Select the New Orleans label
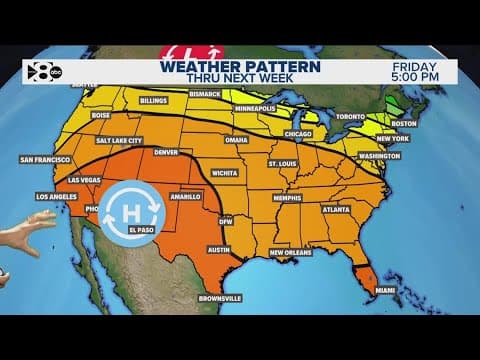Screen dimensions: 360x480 pos(293,252)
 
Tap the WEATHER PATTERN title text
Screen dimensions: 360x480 pos(240,67)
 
